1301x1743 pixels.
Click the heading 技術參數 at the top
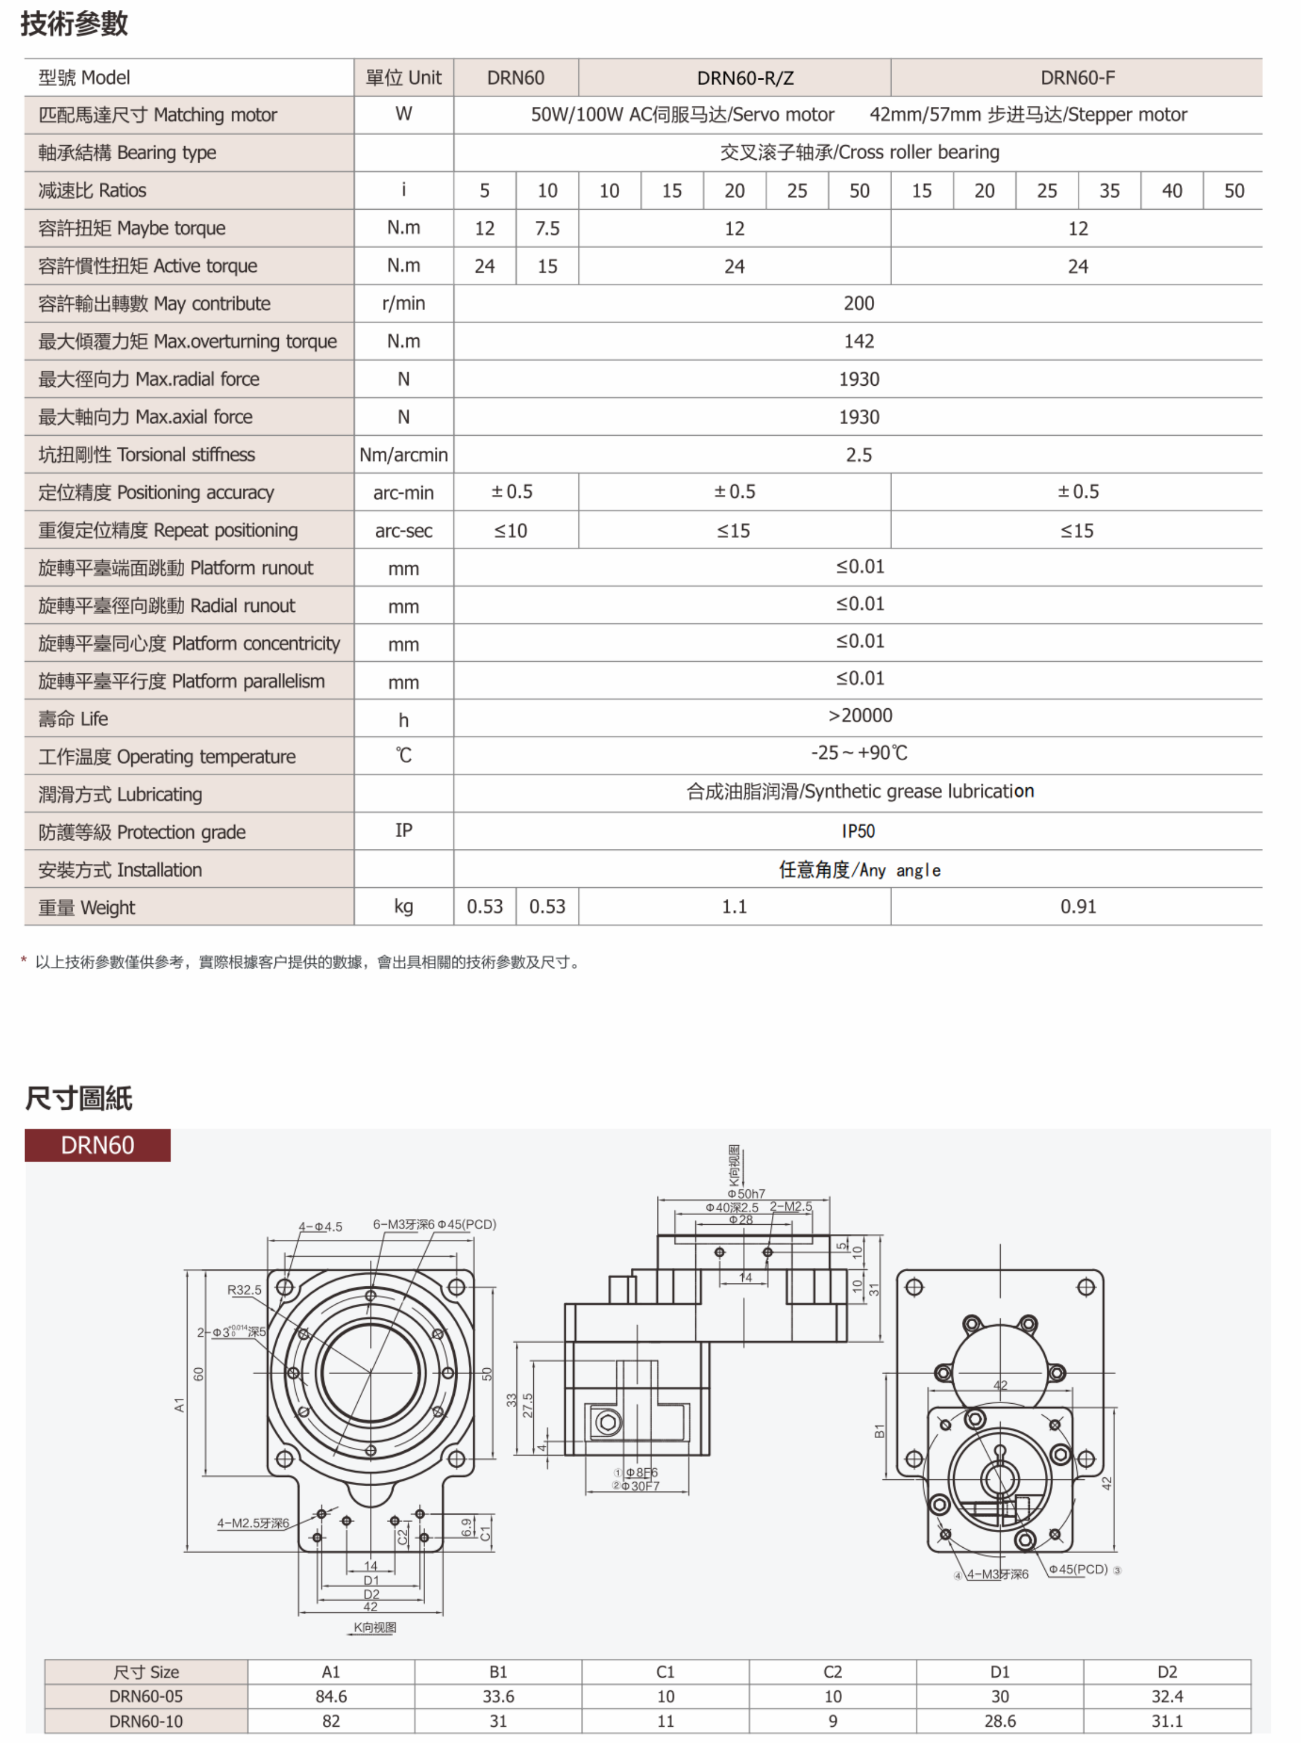tap(74, 24)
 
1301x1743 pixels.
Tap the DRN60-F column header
tap(1077, 78)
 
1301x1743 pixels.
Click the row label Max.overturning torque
tap(188, 341)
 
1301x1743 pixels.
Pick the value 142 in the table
tap(858, 341)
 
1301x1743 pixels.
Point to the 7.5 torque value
tap(547, 228)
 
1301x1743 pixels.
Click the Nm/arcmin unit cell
tap(403, 454)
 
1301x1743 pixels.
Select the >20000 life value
tap(859, 715)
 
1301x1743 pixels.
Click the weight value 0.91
tap(1077, 906)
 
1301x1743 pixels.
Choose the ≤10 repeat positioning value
tap(511, 531)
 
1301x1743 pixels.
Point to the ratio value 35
tap(1109, 191)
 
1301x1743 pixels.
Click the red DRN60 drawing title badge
tap(98, 1145)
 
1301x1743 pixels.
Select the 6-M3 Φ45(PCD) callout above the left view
tap(434, 1225)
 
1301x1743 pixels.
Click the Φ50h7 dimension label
tap(745, 1194)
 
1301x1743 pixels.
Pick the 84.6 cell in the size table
tap(330, 1696)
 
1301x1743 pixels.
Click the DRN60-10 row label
tap(146, 1721)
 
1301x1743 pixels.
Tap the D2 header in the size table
tap(1166, 1672)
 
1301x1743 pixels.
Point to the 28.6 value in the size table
tap(1000, 1721)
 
